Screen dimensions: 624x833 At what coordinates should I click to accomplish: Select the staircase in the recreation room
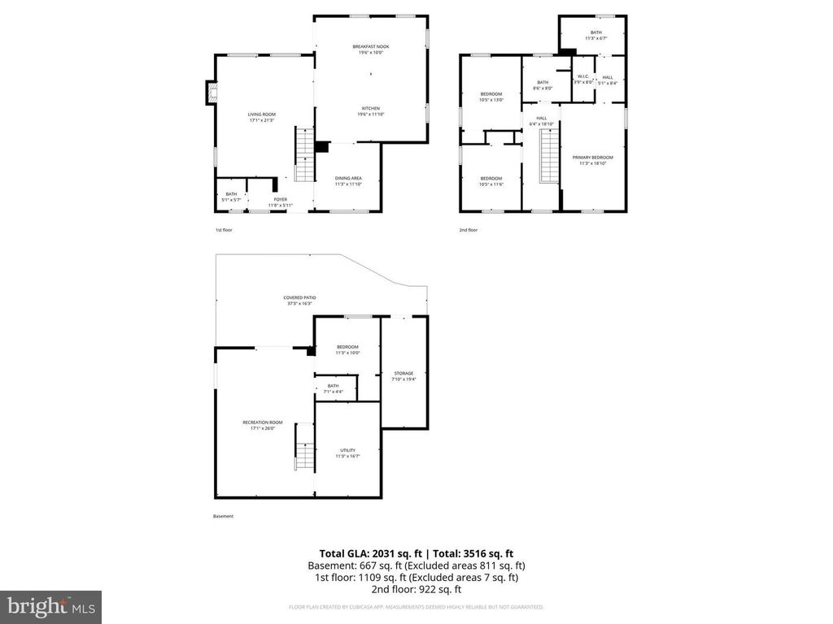tap(303, 446)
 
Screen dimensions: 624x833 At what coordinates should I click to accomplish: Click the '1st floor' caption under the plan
tap(224, 231)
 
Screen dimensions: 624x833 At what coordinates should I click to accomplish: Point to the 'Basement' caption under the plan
tap(223, 516)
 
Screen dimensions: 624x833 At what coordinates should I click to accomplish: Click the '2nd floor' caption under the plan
tap(468, 231)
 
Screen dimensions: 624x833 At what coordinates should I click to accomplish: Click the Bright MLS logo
tap(50, 606)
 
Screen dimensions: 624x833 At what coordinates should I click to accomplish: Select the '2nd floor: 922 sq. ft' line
tap(416, 589)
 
